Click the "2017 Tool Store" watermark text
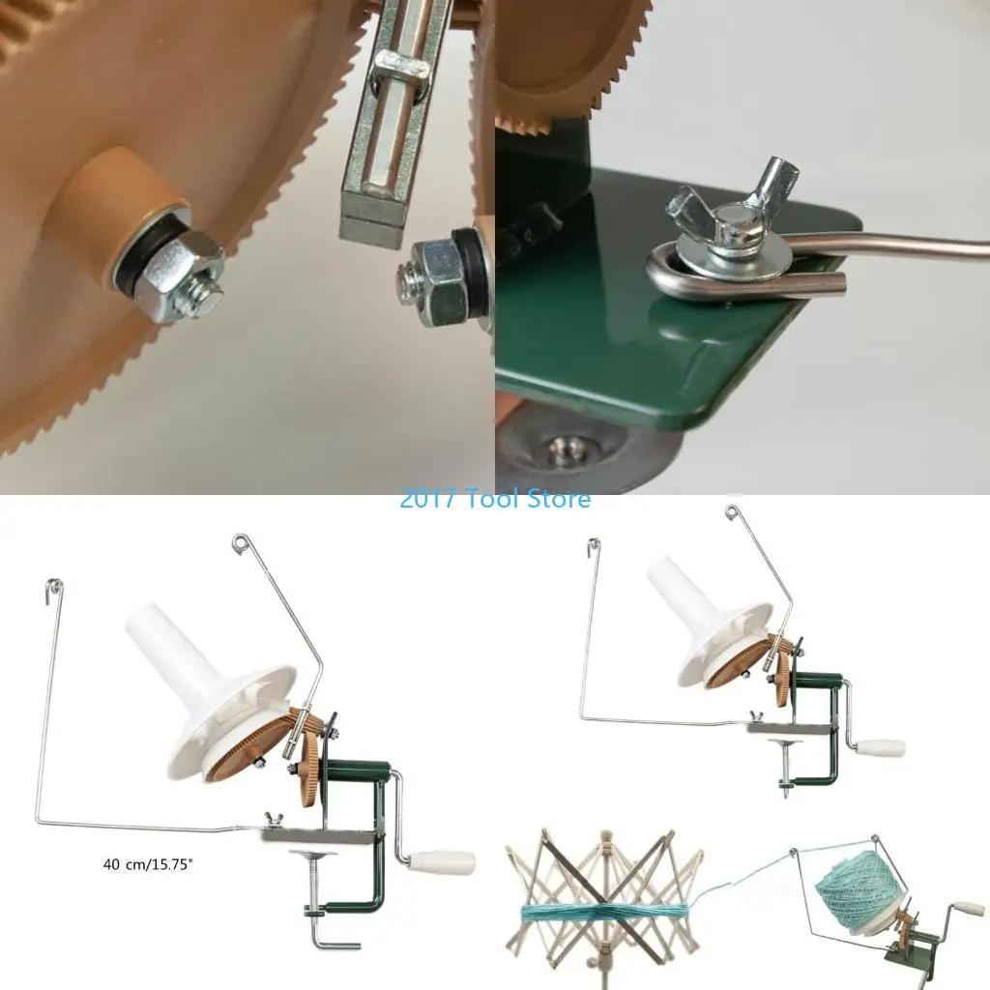click(x=495, y=499)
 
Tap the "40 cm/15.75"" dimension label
click(x=148, y=863)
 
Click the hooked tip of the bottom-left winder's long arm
click(x=55, y=586)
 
